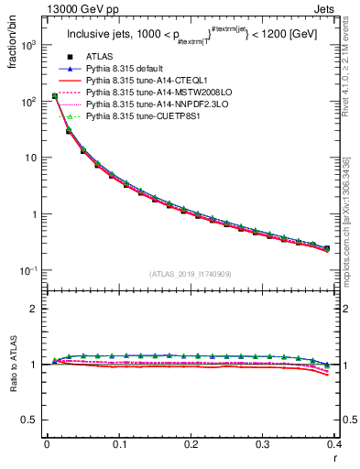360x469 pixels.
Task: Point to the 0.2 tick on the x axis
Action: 191,444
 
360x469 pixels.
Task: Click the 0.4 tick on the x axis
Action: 334,444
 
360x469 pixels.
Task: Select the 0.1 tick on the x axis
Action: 119,444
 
